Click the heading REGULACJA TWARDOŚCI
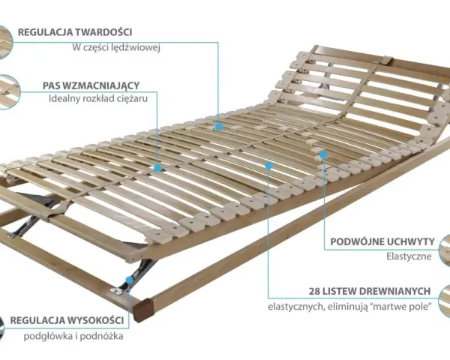click(x=75, y=32)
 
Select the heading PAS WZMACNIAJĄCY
click(x=91, y=85)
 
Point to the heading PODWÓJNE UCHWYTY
click(x=382, y=241)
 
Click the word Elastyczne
click(x=409, y=256)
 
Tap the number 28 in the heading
click(x=314, y=292)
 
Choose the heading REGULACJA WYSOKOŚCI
click(x=67, y=320)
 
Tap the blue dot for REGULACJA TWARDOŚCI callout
click(x=219, y=127)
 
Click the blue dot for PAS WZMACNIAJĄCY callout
click(x=157, y=168)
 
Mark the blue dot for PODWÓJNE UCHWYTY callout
click(x=323, y=155)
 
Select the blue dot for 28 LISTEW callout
click(x=268, y=165)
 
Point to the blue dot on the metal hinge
click(x=130, y=280)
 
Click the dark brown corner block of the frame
click(x=143, y=310)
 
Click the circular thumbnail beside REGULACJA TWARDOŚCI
click(x=4, y=43)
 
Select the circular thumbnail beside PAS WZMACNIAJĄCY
click(x=8, y=91)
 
